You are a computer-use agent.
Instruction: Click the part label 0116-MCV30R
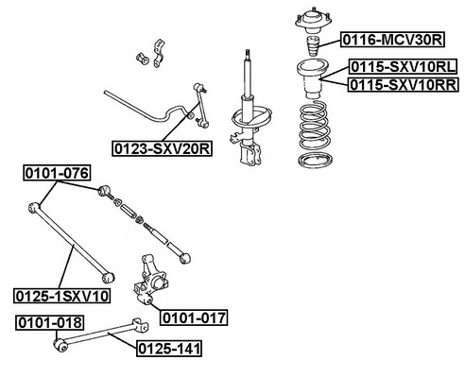pyautogui.click(x=392, y=40)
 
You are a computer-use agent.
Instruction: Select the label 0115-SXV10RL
pyautogui.click(x=403, y=67)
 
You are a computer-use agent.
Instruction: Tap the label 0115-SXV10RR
pyautogui.click(x=403, y=84)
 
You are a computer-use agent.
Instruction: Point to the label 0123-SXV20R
pyautogui.click(x=162, y=148)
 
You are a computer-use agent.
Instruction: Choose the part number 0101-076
pyautogui.click(x=57, y=173)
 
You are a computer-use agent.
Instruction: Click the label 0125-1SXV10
pyautogui.click(x=62, y=296)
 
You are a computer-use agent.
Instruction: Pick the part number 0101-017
pyautogui.click(x=194, y=317)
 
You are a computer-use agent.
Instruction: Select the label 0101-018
pyautogui.click(x=50, y=322)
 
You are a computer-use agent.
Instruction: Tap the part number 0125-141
pyautogui.click(x=169, y=349)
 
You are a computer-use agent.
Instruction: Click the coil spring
pyautogui.click(x=315, y=126)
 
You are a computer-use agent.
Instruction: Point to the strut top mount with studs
pyautogui.click(x=314, y=21)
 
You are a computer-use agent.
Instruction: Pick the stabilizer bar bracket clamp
pyautogui.click(x=159, y=53)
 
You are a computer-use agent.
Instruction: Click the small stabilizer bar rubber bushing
pyautogui.click(x=143, y=59)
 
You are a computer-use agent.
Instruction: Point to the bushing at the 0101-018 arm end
pyautogui.click(x=60, y=345)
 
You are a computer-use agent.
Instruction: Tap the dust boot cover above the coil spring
pyautogui.click(x=313, y=79)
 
